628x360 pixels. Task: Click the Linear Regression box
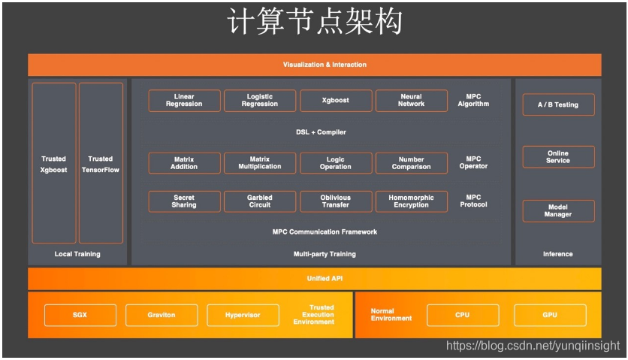[x=184, y=101]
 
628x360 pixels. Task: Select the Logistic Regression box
[x=260, y=101]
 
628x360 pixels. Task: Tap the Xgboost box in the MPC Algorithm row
[x=336, y=101]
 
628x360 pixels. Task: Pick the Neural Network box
[x=411, y=101]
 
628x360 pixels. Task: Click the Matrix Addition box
[x=184, y=163]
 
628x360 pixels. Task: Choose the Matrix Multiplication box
[x=260, y=163]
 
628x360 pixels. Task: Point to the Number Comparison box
[x=411, y=163]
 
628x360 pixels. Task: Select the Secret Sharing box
[x=184, y=201]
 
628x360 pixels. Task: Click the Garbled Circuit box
[x=260, y=201]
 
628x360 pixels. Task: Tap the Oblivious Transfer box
[x=336, y=201]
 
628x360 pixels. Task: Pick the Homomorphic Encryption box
[x=411, y=201]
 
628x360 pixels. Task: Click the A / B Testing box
[x=558, y=104]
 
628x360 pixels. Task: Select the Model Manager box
[x=558, y=210]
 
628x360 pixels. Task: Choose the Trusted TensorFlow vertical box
[x=101, y=163]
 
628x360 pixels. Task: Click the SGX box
[x=80, y=315]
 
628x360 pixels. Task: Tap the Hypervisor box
[x=243, y=315]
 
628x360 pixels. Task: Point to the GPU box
[x=550, y=315]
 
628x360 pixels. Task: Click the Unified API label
[x=325, y=278]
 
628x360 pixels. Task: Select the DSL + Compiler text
[x=321, y=132]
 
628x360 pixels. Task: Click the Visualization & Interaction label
[x=325, y=65]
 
